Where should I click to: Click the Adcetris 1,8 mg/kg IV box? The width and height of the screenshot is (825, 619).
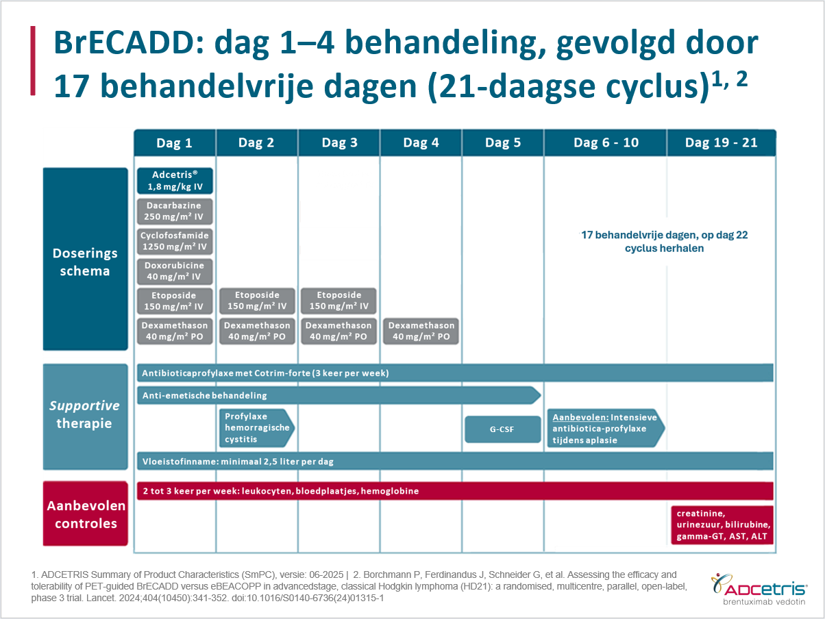click(175, 181)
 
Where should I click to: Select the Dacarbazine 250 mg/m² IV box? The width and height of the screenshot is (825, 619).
click(175, 211)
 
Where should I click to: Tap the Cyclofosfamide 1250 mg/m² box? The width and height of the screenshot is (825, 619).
click(175, 241)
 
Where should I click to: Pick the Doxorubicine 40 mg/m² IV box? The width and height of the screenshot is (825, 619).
click(175, 271)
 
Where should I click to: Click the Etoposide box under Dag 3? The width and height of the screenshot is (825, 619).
click(338, 301)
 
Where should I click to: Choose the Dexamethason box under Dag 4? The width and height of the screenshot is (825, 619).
click(421, 331)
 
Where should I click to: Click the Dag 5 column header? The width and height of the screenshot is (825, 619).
click(503, 143)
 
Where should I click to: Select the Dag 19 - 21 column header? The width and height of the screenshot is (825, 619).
click(721, 143)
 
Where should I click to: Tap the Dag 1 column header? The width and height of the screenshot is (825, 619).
click(175, 143)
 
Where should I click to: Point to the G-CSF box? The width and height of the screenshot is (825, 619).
click(502, 429)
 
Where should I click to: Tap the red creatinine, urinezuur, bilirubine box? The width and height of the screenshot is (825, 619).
click(722, 525)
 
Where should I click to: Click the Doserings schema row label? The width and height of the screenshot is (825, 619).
click(86, 262)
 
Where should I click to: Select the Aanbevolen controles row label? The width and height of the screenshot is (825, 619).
click(86, 514)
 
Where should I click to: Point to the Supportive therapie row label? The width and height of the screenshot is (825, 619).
click(86, 414)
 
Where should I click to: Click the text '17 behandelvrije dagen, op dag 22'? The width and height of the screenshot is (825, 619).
click(664, 235)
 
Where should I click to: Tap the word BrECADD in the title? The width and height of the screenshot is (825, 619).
click(129, 44)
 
